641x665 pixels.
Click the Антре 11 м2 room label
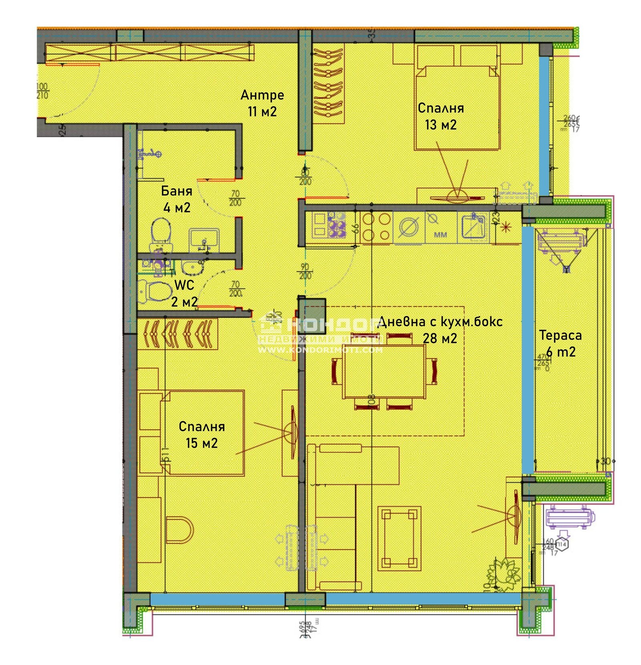click(262, 103)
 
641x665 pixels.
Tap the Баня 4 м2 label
click(176, 199)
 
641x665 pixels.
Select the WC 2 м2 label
click(184, 293)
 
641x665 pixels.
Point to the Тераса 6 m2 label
click(560, 343)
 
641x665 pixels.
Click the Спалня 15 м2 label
click(202, 434)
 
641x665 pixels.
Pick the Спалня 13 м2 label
click(441, 116)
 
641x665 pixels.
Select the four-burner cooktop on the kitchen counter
click(376, 227)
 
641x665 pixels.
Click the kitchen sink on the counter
click(473, 227)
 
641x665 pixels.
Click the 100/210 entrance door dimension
click(42, 91)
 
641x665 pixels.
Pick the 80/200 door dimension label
click(305, 177)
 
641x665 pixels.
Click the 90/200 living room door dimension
click(305, 271)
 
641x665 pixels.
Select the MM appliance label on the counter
click(440, 234)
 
